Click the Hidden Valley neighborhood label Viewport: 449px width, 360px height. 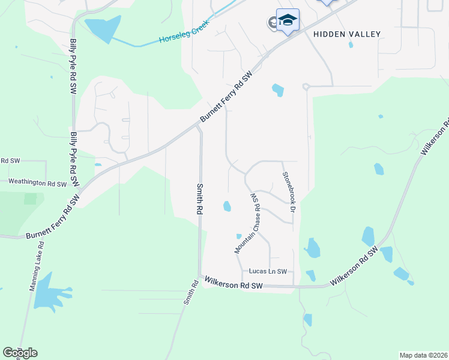[x=347, y=34]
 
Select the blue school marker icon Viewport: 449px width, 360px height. [x=288, y=20]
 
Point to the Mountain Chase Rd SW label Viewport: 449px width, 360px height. [x=248, y=222]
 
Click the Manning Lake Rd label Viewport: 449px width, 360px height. [x=36, y=266]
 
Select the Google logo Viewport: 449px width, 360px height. [x=20, y=353]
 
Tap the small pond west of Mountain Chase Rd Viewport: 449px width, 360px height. [x=227, y=206]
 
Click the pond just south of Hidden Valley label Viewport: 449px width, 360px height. [x=277, y=90]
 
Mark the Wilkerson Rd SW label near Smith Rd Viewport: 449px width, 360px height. [x=234, y=282]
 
